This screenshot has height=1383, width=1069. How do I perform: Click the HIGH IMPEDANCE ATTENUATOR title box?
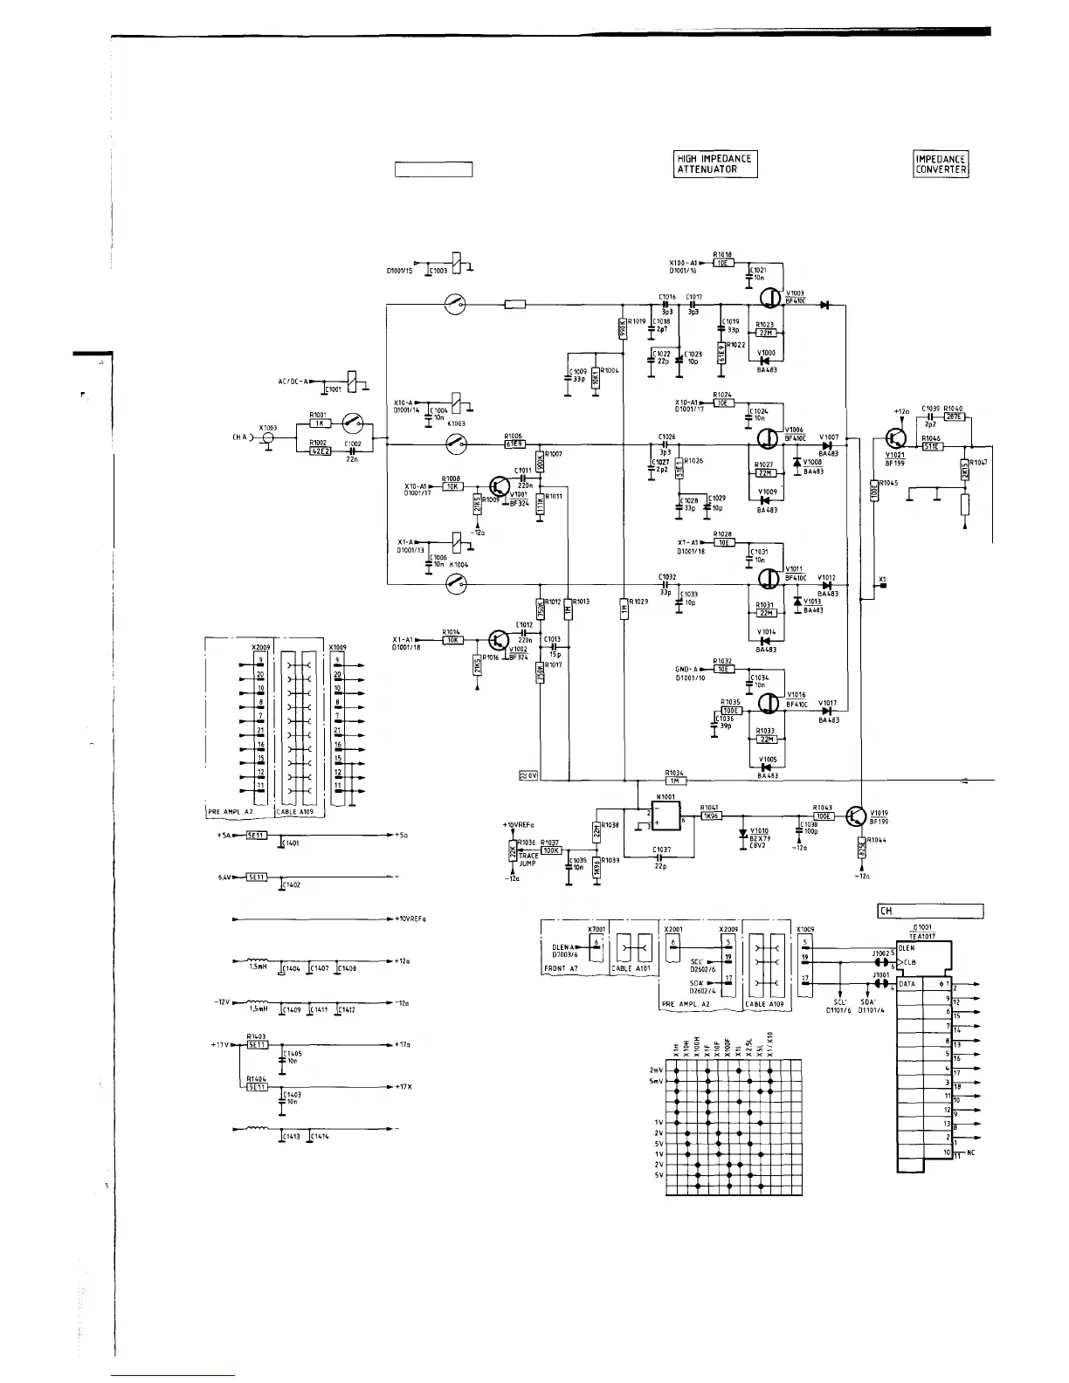[x=715, y=164]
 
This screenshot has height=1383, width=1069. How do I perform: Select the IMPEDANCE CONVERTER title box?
[x=941, y=164]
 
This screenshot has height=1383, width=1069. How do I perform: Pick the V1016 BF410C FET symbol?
[x=769, y=703]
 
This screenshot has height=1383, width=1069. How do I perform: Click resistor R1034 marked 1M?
[x=676, y=781]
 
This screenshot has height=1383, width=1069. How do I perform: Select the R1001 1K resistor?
[x=319, y=423]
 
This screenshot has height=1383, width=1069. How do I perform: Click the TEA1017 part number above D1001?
[x=922, y=936]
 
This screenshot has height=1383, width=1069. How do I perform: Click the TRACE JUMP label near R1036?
[x=528, y=858]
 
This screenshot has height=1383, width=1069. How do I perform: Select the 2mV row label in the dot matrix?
[x=658, y=1070]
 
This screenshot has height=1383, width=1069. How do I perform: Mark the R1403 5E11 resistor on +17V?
[x=257, y=1044]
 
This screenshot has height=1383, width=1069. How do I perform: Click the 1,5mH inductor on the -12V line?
[x=256, y=1002]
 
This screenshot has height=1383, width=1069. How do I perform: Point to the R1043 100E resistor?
[x=823, y=815]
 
